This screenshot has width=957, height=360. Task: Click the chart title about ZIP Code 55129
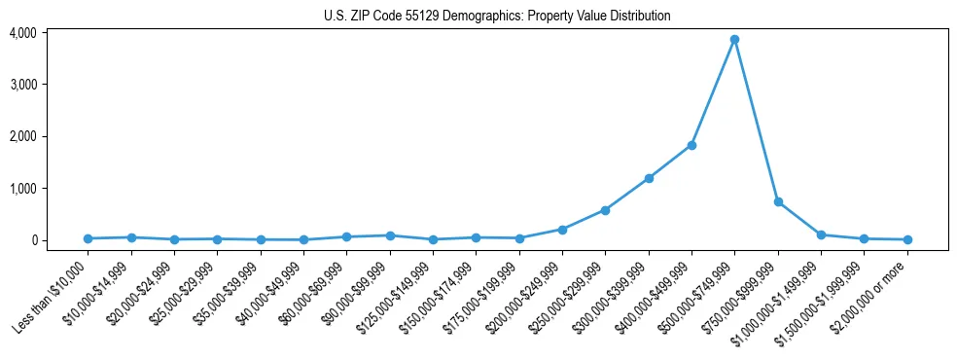pos(497,16)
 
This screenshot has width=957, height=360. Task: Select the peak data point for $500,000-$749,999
pos(734,39)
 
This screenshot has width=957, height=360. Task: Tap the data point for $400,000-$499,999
pos(691,145)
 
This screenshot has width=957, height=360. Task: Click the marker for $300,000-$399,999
pos(649,178)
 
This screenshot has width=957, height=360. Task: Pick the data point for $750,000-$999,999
pos(778,201)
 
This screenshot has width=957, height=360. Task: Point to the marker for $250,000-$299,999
pos(605,210)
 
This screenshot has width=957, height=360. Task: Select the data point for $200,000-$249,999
pos(562,230)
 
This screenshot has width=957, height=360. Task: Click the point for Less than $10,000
pos(88,238)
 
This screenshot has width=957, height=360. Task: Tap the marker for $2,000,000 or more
pos(907,239)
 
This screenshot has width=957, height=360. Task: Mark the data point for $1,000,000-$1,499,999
pos(821,234)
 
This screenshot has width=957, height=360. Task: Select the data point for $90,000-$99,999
pos(390,235)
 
